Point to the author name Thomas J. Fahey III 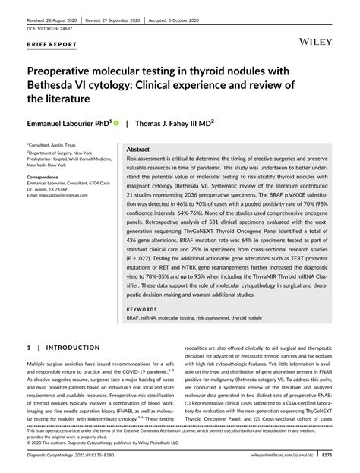[x=172, y=121]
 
